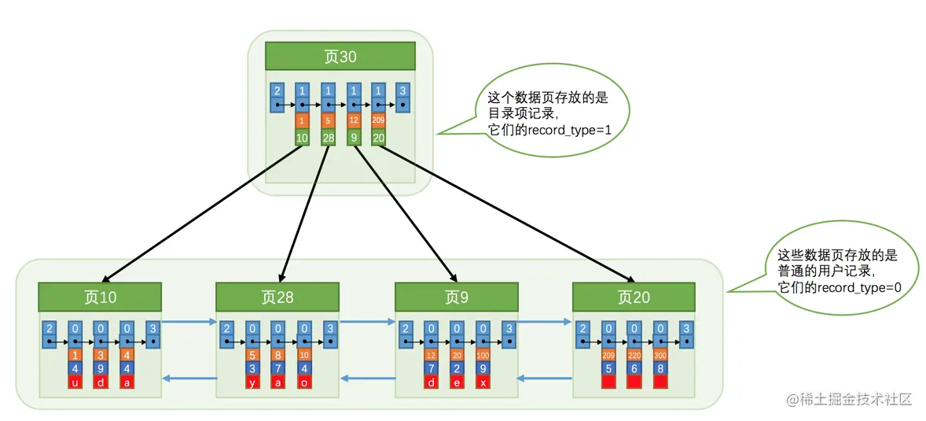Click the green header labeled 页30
tap(340, 56)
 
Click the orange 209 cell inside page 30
tap(378, 121)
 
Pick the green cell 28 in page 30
tap(328, 138)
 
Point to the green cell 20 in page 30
tap(378, 138)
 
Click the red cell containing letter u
tap(75, 382)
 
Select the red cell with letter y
tap(252, 382)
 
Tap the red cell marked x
tap(483, 382)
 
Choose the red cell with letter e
tap(457, 382)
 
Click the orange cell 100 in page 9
tap(483, 355)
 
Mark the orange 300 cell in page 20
tap(660, 355)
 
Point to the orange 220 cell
tap(634, 355)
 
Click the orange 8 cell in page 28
tap(278, 355)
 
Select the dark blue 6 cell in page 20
tap(634, 368)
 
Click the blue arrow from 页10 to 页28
tap(189, 321)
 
